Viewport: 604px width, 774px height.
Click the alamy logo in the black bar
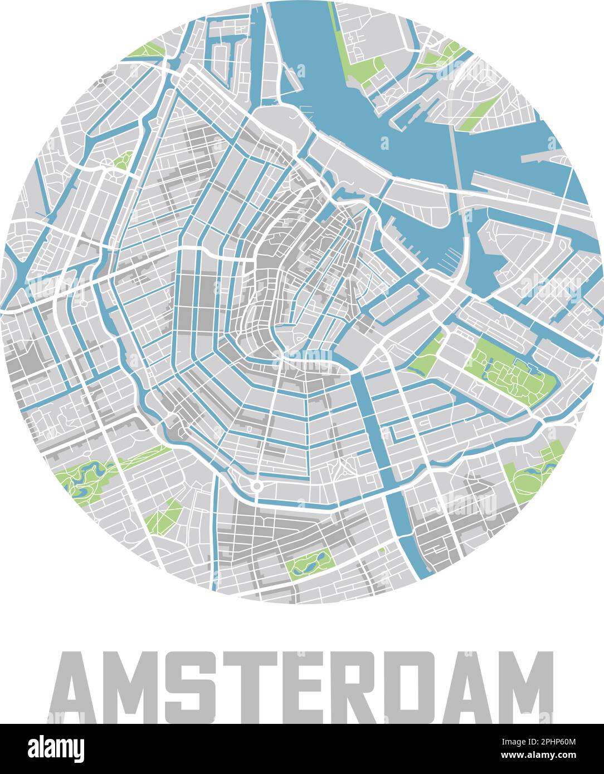point(56,749)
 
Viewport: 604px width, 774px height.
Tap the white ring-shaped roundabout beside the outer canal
point(256,486)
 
